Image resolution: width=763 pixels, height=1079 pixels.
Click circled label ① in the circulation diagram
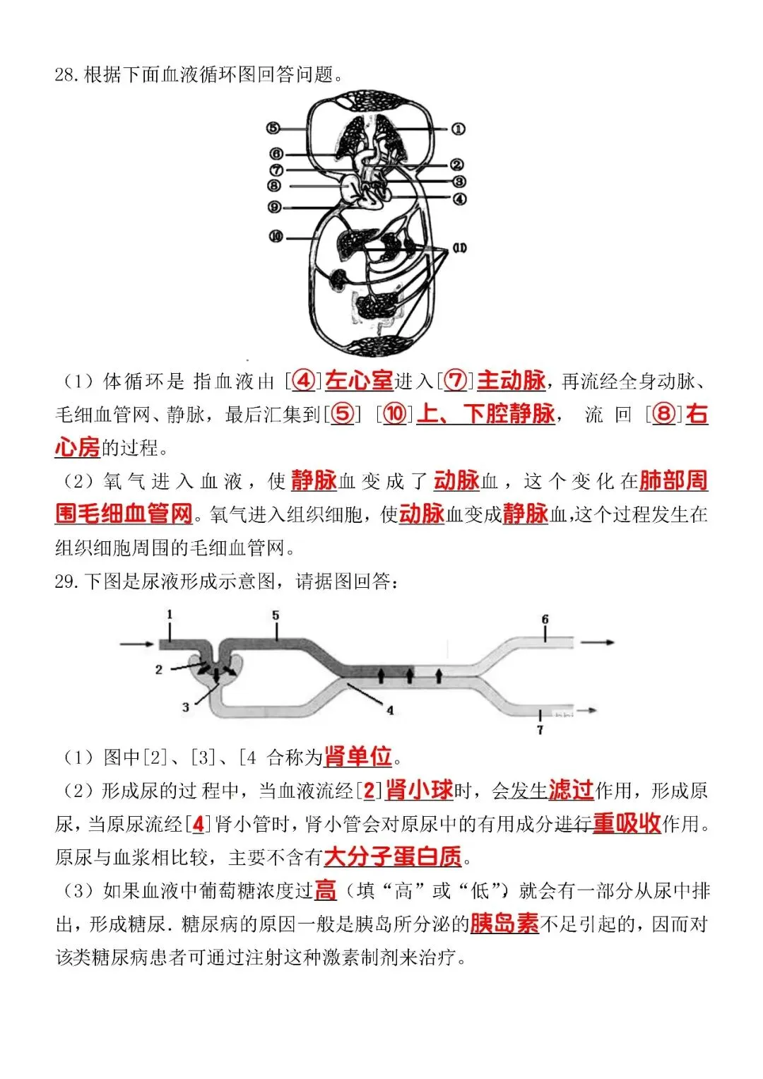click(x=458, y=129)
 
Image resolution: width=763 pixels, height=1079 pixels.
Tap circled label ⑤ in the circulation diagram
click(x=273, y=128)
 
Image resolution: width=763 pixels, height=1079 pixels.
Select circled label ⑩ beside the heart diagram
click(x=276, y=237)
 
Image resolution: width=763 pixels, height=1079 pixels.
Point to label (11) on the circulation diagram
click(x=459, y=248)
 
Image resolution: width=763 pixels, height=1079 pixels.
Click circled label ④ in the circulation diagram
click(x=459, y=199)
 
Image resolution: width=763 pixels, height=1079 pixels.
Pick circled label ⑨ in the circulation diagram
click(x=274, y=207)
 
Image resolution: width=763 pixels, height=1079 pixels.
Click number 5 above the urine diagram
click(x=276, y=615)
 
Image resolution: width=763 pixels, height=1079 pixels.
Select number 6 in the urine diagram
click(x=545, y=619)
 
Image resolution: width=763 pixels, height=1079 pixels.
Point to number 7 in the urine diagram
click(x=540, y=730)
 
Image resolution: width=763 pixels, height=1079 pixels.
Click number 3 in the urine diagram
click(x=186, y=707)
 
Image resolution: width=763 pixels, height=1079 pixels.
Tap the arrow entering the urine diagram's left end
click(x=137, y=644)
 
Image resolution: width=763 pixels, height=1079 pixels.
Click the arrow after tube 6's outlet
click(x=597, y=642)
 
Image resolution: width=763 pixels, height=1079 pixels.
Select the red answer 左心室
click(x=360, y=381)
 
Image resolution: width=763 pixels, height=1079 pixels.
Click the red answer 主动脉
click(x=511, y=381)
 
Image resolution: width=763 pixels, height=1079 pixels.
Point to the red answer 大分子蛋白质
click(x=393, y=857)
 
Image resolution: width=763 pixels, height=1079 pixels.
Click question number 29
click(x=66, y=582)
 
